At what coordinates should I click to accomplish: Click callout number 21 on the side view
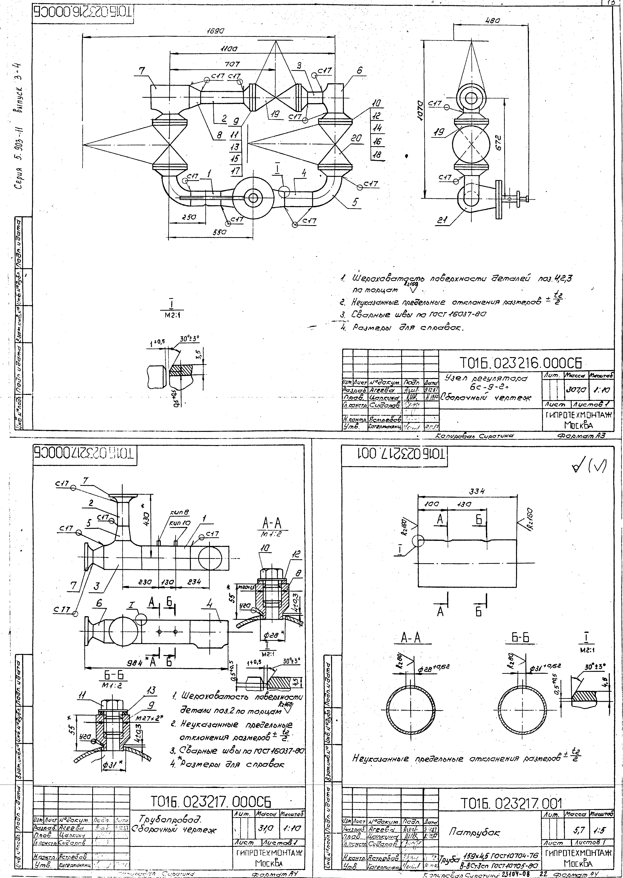(444, 221)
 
